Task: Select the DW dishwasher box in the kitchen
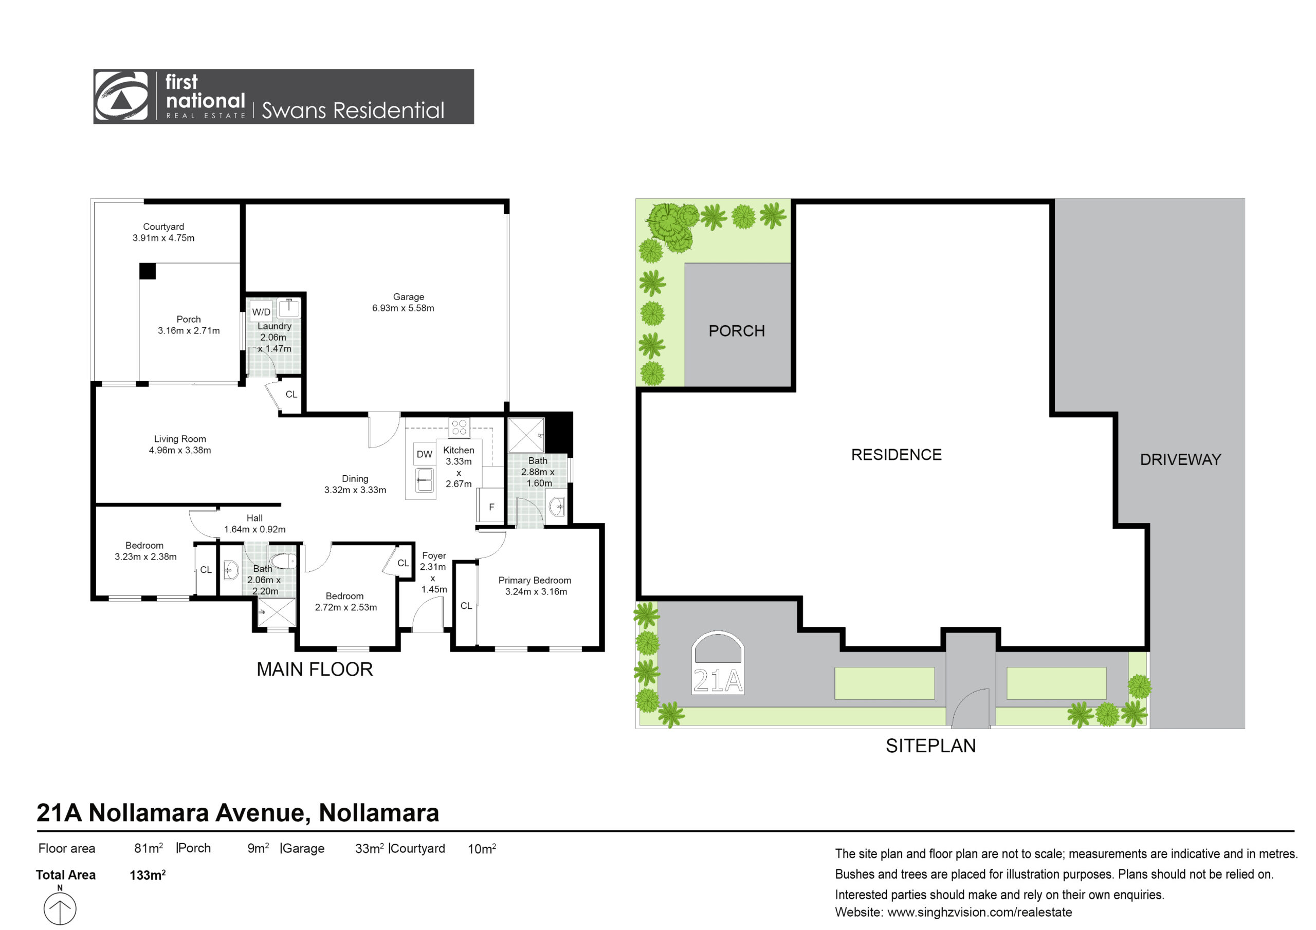click(424, 454)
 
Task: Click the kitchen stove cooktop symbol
click(459, 427)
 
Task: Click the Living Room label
click(180, 444)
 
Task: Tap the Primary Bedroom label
click(535, 586)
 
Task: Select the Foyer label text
click(434, 555)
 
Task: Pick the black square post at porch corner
click(148, 271)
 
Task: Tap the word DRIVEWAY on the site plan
click(1180, 459)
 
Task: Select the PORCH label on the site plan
click(737, 331)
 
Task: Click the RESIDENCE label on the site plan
click(897, 455)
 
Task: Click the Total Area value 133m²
click(148, 875)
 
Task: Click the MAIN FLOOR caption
click(315, 669)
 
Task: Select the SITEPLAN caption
click(931, 746)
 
